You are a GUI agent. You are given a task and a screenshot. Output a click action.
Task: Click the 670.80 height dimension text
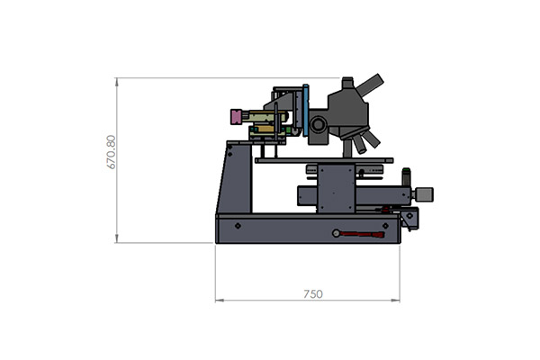coord(111,152)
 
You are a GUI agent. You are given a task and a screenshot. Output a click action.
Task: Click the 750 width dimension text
coord(313,294)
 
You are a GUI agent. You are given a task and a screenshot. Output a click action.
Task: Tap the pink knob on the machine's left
coord(237,117)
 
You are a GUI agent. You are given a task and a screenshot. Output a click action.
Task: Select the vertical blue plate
coord(306,110)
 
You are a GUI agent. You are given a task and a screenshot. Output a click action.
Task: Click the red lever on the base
coord(363,234)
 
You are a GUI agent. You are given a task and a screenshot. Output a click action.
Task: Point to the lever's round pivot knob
coord(336,233)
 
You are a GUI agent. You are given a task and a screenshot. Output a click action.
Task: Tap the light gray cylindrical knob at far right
coord(425,194)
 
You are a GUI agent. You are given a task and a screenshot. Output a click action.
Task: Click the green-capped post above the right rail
coord(407,177)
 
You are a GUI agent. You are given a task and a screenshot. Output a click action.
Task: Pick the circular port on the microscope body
coord(317,124)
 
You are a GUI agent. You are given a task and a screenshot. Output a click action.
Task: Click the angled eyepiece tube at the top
coord(370,85)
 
